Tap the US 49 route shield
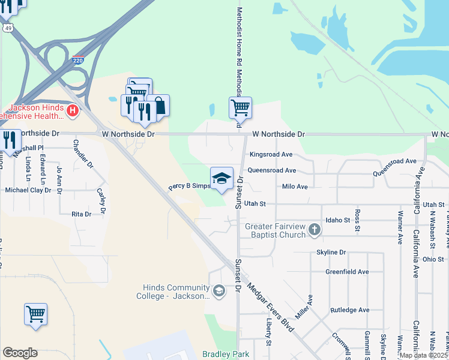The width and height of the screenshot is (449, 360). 8,28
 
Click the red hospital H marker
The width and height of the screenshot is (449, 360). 73,110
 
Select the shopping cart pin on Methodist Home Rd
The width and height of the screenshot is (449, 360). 240,108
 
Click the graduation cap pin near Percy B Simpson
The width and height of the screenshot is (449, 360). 221,178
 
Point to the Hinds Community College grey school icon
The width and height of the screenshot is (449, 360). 219,292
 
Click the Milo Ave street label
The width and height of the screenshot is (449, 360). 295,187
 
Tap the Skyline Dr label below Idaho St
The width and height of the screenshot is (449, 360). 331,253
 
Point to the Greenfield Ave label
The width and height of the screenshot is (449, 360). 347,272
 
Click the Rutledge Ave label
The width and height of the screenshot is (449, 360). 349,310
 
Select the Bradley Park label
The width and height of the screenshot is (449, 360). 226,354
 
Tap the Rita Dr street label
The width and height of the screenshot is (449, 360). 81,214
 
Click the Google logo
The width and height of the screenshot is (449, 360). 20,353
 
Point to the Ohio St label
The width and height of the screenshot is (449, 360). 432,260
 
